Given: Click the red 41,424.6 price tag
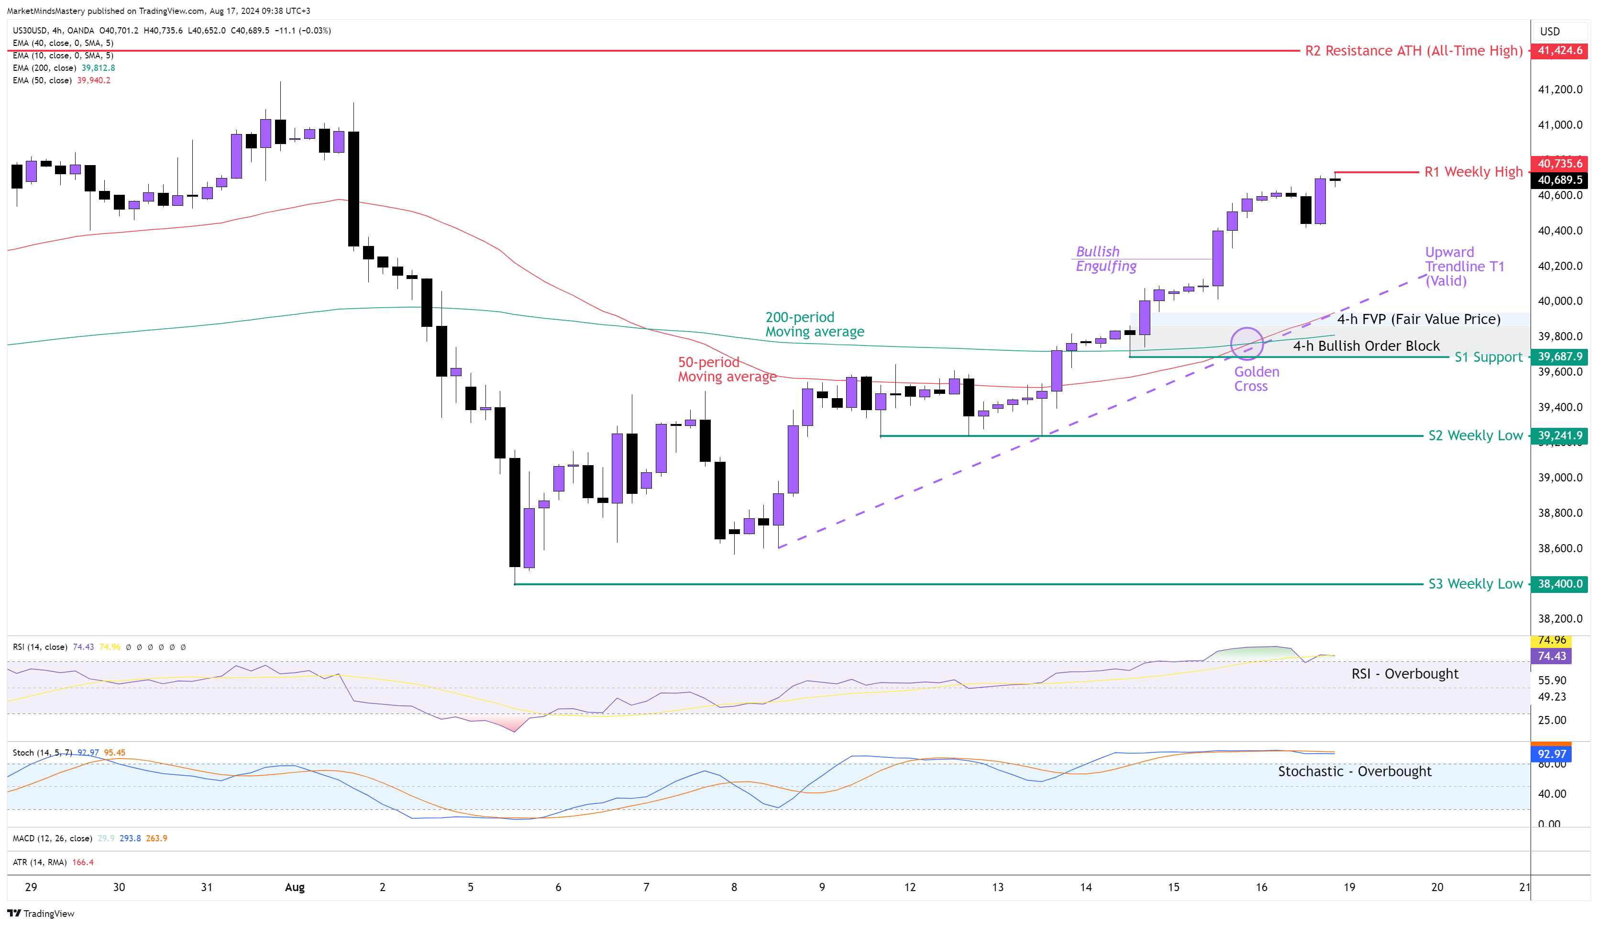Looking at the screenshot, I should [1559, 51].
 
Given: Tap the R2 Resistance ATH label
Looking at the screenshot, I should [1413, 51].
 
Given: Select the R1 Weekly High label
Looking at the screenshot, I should [1473, 172].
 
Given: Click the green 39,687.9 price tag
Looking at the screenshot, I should [1559, 357].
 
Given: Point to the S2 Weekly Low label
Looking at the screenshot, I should [1475, 436].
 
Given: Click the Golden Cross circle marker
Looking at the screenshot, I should [1247, 344].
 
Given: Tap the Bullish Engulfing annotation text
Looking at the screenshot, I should [1106, 259].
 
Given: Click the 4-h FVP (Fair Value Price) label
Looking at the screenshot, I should [1419, 319].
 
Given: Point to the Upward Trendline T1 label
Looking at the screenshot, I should [1464, 267].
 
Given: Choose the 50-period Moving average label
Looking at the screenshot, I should [727, 369].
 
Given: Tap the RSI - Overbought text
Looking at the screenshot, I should [1405, 674].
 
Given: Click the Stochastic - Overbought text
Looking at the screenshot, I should [1355, 771].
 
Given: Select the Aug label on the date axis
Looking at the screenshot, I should [294, 887].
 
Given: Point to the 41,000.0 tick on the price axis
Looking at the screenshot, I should [1560, 125].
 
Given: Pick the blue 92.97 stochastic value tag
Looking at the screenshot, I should [1552, 754].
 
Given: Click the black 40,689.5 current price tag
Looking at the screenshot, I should [1559, 180].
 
